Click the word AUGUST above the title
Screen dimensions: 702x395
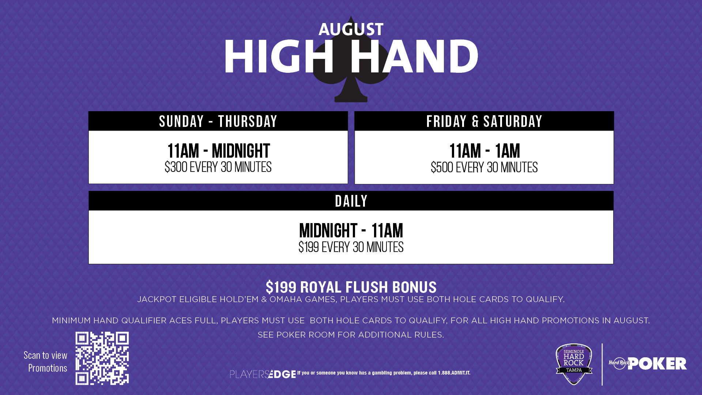point(351,29)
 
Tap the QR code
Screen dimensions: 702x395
point(102,358)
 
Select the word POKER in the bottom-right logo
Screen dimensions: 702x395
point(657,364)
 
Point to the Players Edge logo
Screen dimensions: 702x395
point(263,374)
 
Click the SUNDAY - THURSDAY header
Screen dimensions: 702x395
point(218,121)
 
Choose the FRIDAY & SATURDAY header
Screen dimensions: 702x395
point(484,121)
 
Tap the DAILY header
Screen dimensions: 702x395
point(351,201)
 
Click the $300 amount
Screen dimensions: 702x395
point(176,167)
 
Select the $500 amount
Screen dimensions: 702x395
point(442,168)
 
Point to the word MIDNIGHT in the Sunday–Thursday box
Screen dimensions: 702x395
point(241,151)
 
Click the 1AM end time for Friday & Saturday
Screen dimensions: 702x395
point(507,151)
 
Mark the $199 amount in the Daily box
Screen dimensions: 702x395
point(309,247)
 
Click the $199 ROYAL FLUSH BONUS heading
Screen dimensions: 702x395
point(351,287)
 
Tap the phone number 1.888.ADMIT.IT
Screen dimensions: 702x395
point(454,373)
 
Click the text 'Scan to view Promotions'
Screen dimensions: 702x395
point(46,361)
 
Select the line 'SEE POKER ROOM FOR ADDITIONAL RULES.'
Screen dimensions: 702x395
point(351,335)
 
